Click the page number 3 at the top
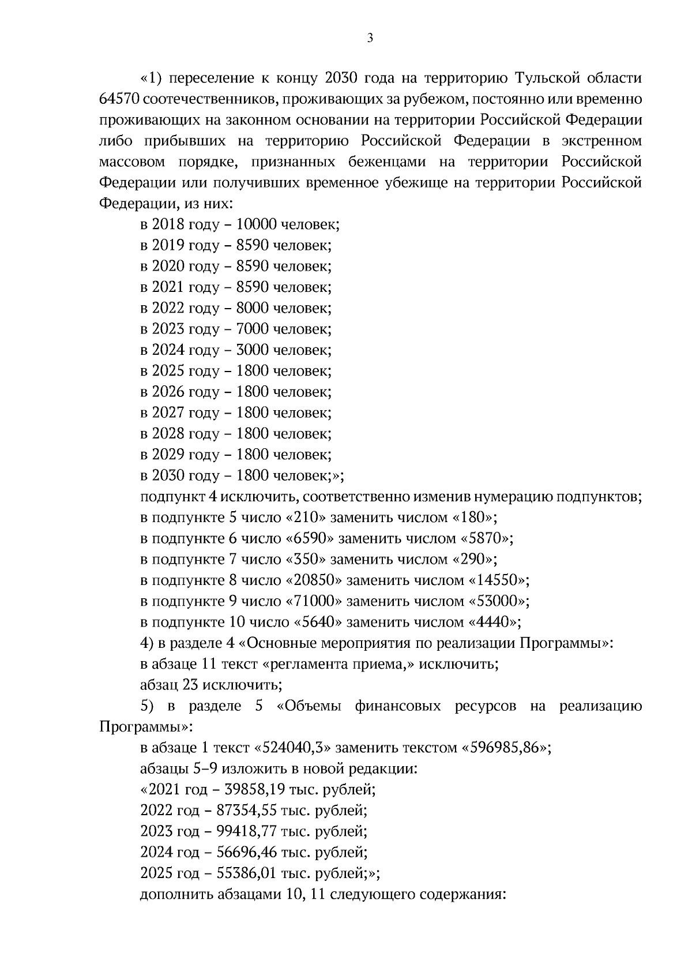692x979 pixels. point(370,39)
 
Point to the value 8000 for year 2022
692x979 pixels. point(253,308)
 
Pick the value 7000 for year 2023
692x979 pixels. point(253,329)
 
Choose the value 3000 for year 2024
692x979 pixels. point(253,350)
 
